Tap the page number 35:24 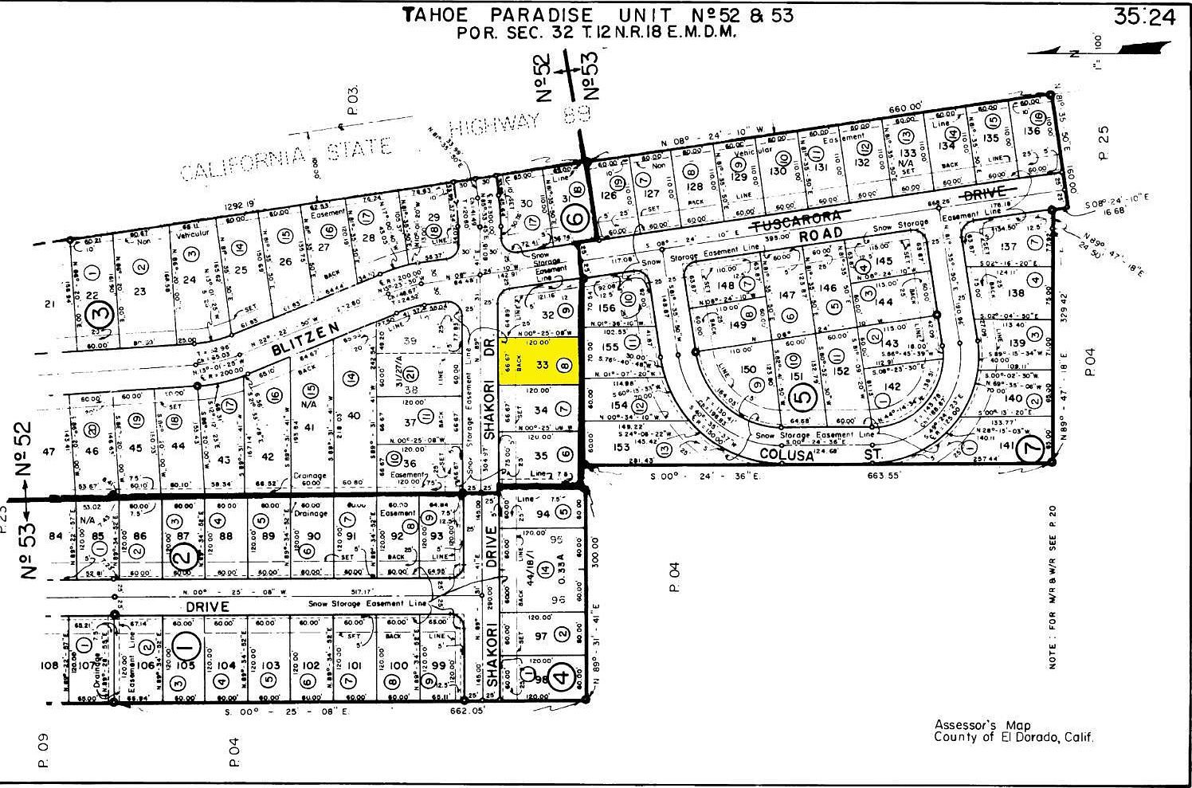pyautogui.click(x=1145, y=18)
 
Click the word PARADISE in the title pyautogui.click(x=543, y=14)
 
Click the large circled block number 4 pyautogui.click(x=560, y=679)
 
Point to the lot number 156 pyautogui.click(x=607, y=308)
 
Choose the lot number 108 pyautogui.click(x=49, y=665)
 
